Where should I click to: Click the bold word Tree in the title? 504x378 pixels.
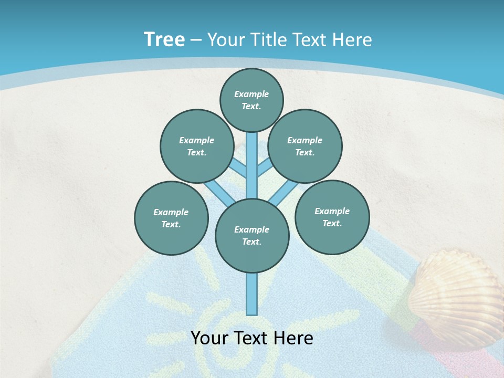[x=164, y=40]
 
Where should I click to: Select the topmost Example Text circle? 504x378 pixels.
[x=251, y=100]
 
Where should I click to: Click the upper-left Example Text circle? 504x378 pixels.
[x=196, y=146]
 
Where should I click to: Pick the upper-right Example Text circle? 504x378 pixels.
[x=304, y=146]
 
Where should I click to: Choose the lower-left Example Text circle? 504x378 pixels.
[x=171, y=218]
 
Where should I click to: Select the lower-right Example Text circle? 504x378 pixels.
[x=332, y=217]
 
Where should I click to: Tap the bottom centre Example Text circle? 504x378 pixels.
[x=252, y=235]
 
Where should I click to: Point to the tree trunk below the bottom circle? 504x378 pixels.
[x=252, y=294]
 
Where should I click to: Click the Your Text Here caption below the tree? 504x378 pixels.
[x=252, y=338]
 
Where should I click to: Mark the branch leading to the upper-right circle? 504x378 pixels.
[x=265, y=168]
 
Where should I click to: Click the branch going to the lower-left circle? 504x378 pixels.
[x=216, y=192]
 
